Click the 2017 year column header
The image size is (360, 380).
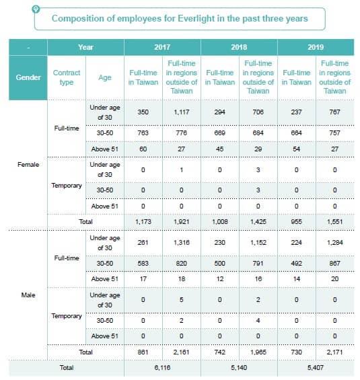162,47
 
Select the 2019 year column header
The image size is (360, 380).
316,47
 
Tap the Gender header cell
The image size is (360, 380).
28,77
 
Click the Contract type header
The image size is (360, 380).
67,77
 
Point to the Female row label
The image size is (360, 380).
28,165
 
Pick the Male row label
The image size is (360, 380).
28,295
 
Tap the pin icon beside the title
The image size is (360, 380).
36,9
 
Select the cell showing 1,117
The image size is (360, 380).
181,112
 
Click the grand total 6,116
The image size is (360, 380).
162,368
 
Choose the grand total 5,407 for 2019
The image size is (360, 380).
316,368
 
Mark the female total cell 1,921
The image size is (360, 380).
181,221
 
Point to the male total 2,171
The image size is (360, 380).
334,352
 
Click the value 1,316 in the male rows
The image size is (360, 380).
181,242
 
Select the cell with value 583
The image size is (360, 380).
143,263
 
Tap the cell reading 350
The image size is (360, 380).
143,112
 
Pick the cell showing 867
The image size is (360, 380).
334,263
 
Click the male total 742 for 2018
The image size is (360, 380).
219,352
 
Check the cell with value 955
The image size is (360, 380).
296,221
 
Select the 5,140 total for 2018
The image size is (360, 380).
239,368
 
